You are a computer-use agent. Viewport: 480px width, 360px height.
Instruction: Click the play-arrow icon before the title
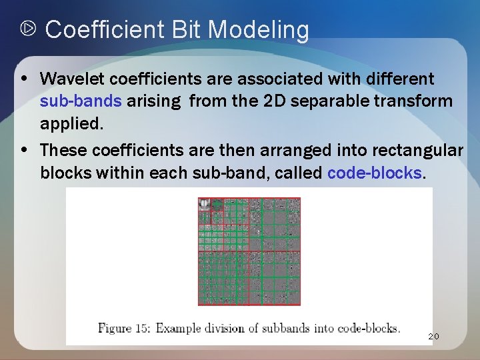[x=28, y=30]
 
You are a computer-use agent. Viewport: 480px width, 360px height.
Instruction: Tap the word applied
[x=69, y=125]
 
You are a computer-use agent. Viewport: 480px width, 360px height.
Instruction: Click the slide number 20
[x=433, y=337]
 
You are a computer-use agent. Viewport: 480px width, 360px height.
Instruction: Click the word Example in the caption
[x=183, y=328]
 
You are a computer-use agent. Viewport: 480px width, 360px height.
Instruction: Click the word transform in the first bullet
[x=418, y=102]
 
